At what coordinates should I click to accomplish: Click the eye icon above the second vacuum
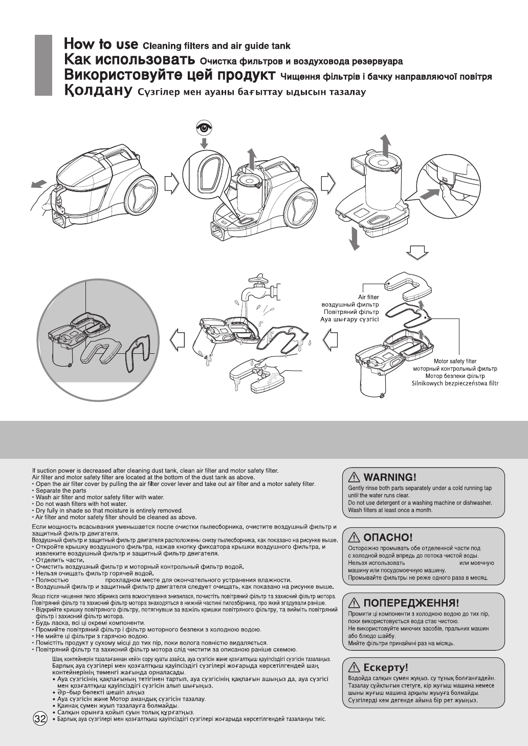point(204,128)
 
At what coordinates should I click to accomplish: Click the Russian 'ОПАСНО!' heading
point(386,537)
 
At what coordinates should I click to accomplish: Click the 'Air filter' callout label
point(368,297)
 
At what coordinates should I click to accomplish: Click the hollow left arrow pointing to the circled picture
point(177,338)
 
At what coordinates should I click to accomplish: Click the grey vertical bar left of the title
point(43,65)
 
